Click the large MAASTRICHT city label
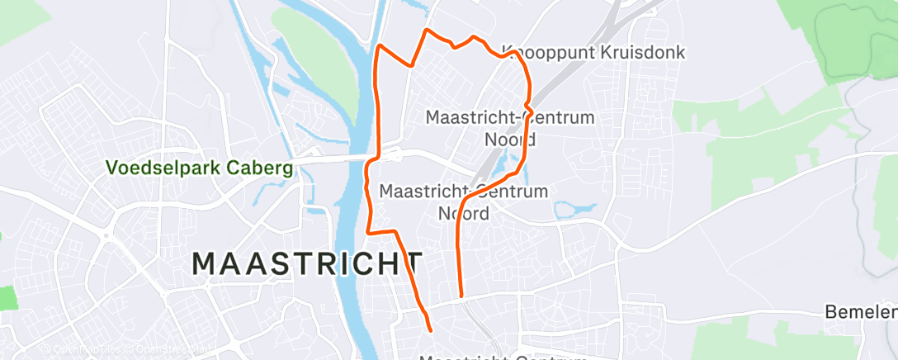307,264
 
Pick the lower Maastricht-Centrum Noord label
463,202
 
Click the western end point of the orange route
431,331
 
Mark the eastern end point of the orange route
461,295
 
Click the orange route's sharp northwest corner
379,46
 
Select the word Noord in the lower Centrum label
463,214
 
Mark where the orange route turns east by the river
370,231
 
